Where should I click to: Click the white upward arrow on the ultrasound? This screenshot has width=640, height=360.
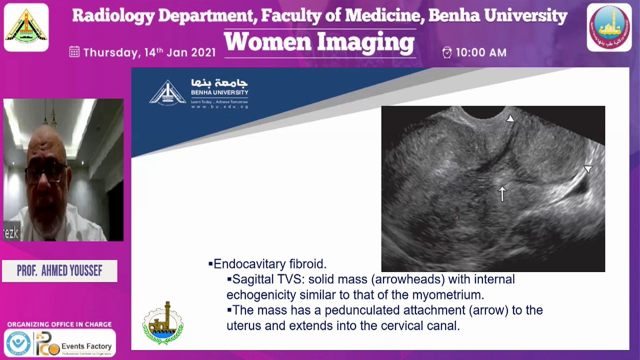point(502,193)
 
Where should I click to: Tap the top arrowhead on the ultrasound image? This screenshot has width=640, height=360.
point(509,119)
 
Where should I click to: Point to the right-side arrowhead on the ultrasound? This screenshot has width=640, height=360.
point(588,169)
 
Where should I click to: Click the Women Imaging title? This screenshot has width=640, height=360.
point(319,42)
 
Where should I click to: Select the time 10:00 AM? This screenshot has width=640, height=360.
point(481,52)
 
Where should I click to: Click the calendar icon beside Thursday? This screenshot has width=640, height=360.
point(74,52)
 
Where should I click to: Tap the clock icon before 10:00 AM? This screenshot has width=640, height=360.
point(447,52)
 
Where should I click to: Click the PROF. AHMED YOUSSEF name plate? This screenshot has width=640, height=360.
point(59,271)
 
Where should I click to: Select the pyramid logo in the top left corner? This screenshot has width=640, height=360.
point(26,27)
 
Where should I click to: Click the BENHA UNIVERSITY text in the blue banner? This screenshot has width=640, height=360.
point(219,92)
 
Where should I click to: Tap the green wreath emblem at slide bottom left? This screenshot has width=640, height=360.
point(163,323)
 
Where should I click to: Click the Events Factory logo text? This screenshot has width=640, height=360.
point(86,346)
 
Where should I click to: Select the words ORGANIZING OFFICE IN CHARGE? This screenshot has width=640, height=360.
point(59,324)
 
